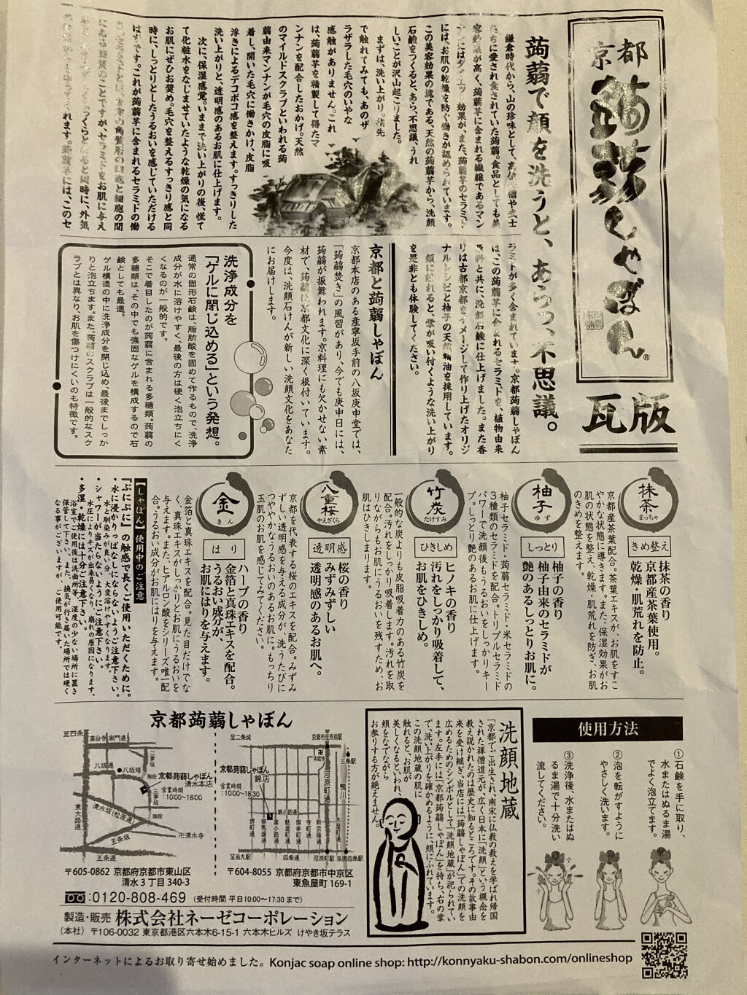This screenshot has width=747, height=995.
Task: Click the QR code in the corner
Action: coord(659,951)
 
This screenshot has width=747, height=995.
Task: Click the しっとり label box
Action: coord(541,545)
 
